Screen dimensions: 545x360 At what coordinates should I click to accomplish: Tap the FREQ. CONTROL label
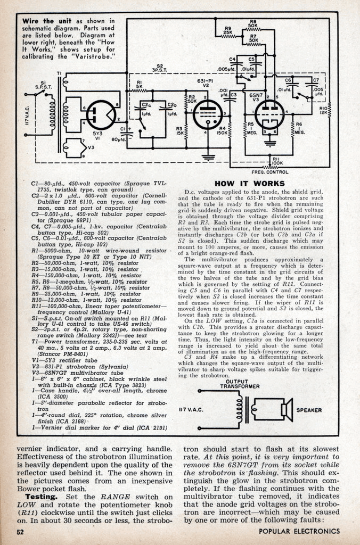click(x=275, y=172)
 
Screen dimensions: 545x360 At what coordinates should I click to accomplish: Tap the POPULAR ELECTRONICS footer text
click(x=299, y=531)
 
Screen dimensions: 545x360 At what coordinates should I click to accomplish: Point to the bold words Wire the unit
click(x=44, y=21)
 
